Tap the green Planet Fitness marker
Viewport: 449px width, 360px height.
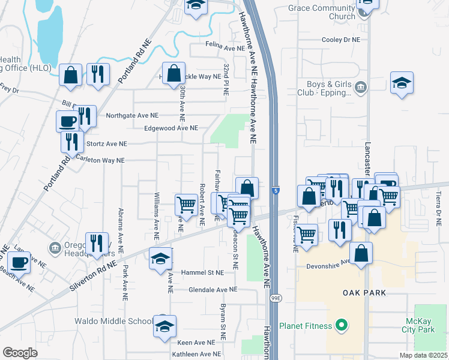point(342,326)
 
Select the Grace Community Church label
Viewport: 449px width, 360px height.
point(322,13)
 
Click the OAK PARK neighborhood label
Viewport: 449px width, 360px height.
point(364,293)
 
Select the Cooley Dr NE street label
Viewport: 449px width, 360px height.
point(340,39)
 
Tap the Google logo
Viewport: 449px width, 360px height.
point(20,353)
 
